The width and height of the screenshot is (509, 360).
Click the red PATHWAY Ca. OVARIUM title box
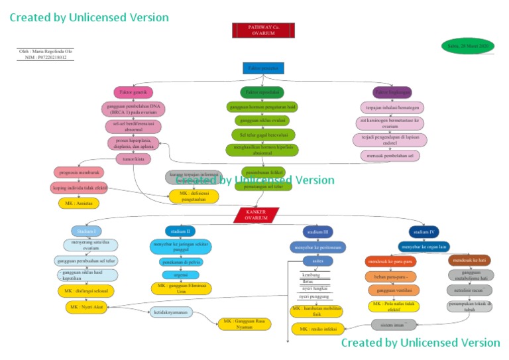(x=263, y=30)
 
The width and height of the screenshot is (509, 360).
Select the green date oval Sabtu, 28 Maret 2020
(x=468, y=46)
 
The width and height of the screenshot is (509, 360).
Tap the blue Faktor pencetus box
(x=262, y=68)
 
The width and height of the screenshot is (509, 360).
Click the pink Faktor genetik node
(x=133, y=92)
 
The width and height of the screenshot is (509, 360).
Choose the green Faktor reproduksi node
(x=262, y=92)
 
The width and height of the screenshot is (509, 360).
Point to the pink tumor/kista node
(x=133, y=159)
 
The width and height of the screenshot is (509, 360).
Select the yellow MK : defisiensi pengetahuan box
(x=194, y=196)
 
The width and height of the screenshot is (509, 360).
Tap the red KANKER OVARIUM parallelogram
(x=256, y=215)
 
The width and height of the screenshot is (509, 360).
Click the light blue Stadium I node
(x=86, y=231)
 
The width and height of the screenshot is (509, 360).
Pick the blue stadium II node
(x=180, y=231)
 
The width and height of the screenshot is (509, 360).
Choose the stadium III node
(x=318, y=232)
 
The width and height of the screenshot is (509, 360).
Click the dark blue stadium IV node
(x=424, y=232)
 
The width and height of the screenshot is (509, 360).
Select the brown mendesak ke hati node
(x=469, y=261)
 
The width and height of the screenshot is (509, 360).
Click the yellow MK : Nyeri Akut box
(x=87, y=308)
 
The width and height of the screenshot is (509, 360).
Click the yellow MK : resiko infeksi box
(x=317, y=329)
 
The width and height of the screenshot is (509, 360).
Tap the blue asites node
(x=318, y=261)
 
